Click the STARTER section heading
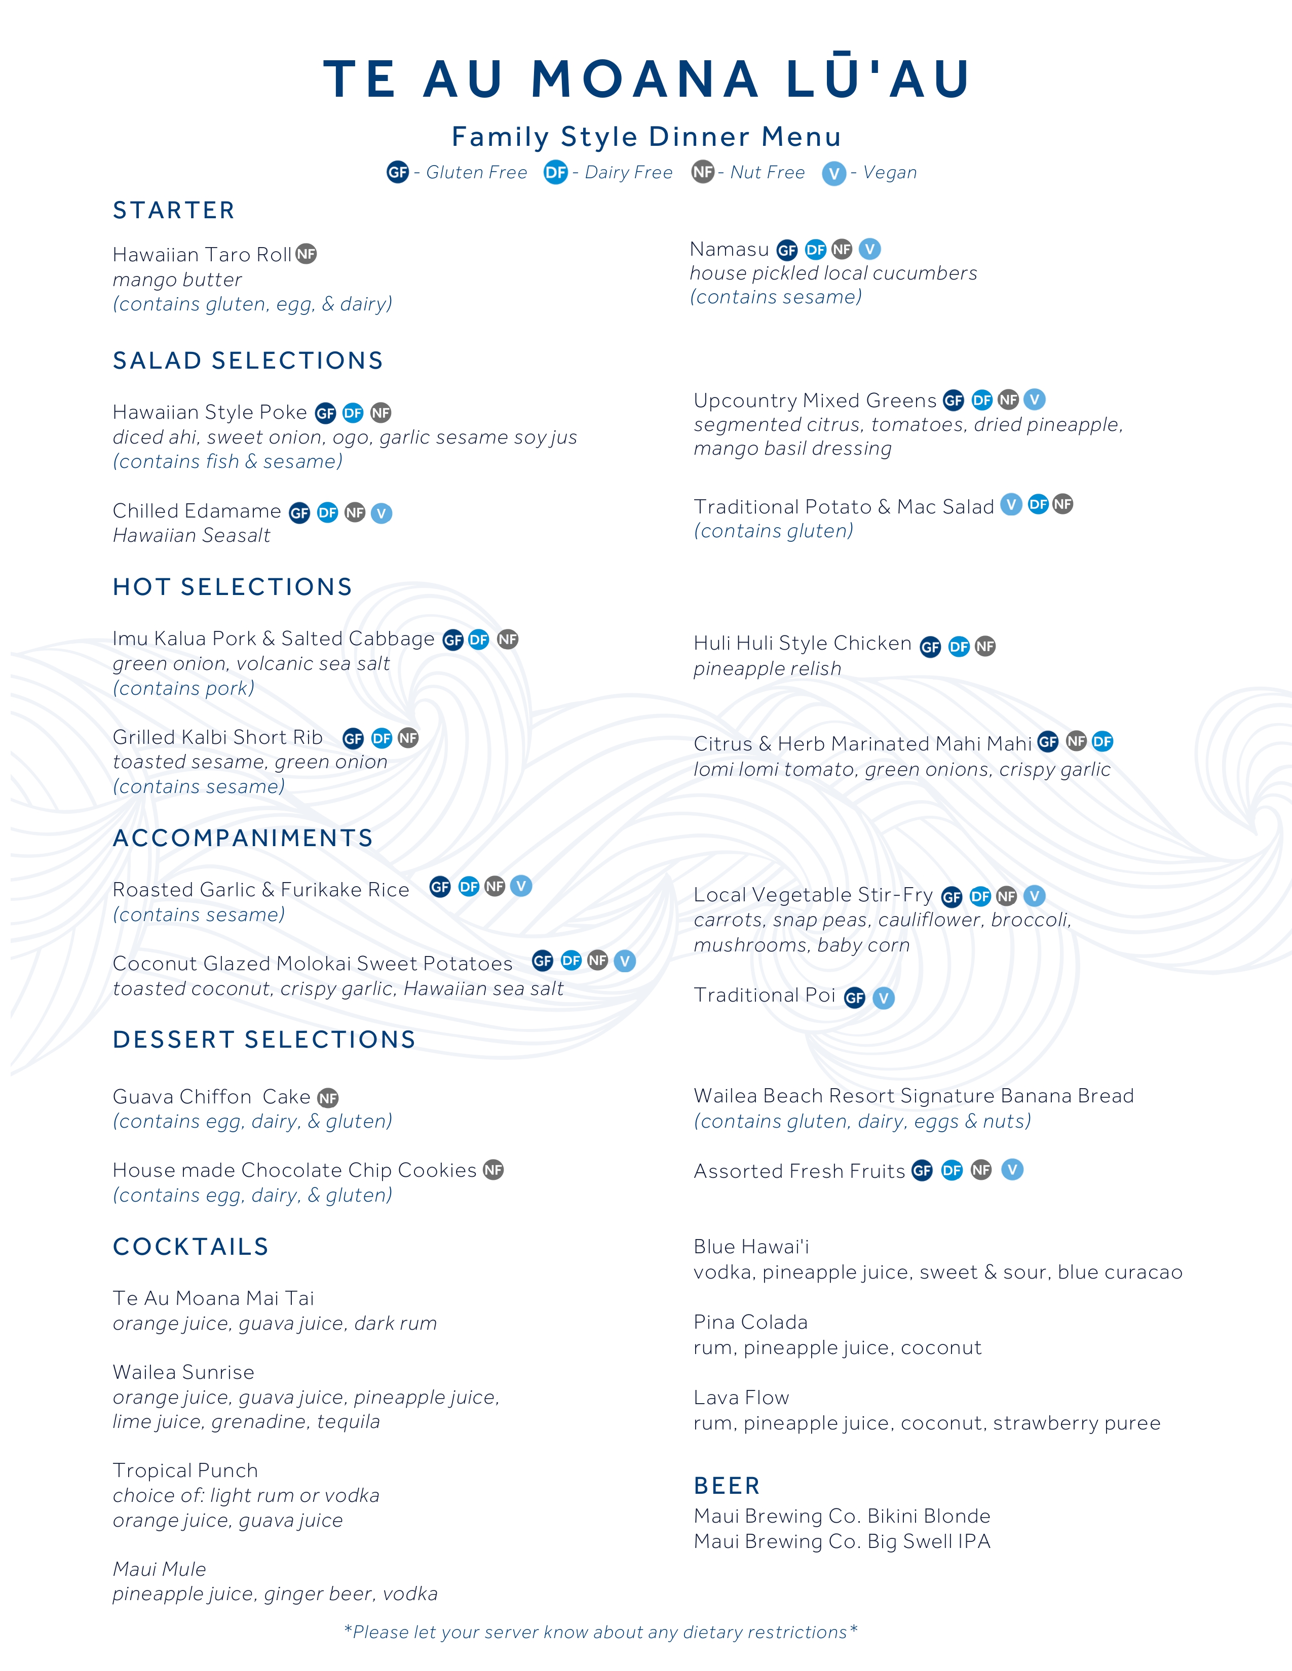pos(174,211)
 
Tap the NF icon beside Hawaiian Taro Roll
pos(306,254)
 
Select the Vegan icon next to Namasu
pos(869,250)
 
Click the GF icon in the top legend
pos(397,172)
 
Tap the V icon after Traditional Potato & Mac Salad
pos(1011,505)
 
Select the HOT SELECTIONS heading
pos(232,587)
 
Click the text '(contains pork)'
pos(184,689)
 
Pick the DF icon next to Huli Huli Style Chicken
pos(958,647)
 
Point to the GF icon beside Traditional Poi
pos(854,998)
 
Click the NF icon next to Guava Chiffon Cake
pos(328,1098)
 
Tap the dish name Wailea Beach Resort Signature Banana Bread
pos(913,1096)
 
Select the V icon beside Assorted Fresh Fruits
pos(1012,1170)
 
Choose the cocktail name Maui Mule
pos(159,1569)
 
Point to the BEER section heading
pos(727,1486)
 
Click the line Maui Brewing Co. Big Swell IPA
pos(842,1542)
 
